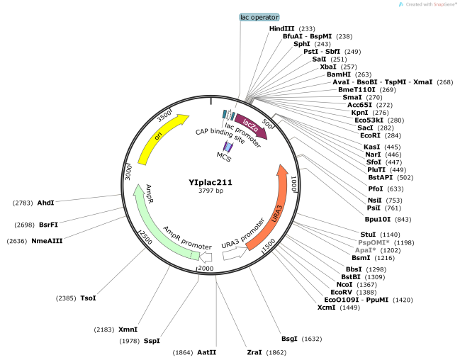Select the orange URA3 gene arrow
(272, 209)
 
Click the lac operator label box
(259, 17)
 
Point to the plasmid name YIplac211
(211, 181)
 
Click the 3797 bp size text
(211, 191)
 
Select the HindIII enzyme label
(283, 28)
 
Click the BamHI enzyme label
(338, 74)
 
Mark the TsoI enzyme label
(88, 298)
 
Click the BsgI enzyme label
(290, 339)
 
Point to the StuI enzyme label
(367, 234)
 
